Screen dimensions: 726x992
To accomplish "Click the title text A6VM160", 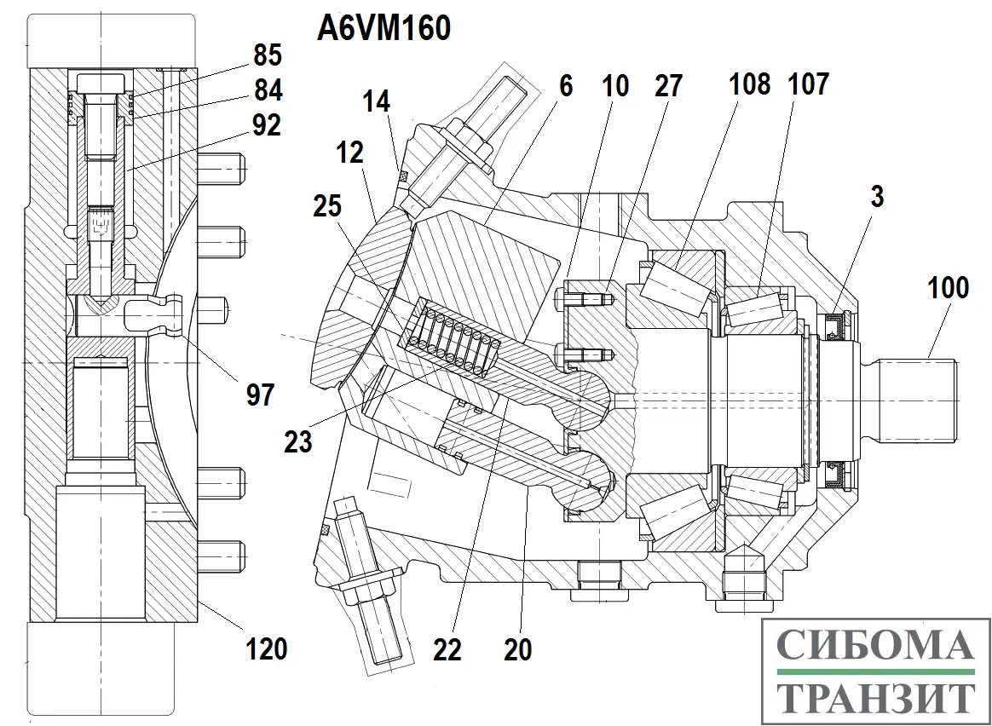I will click(x=384, y=28).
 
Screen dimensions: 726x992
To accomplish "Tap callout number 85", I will click(x=267, y=56).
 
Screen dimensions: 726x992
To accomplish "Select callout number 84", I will click(x=267, y=89).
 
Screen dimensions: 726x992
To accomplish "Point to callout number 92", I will click(x=267, y=125).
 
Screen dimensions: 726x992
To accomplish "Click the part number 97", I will click(x=261, y=394).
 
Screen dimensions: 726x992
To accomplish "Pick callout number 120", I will click(x=267, y=649).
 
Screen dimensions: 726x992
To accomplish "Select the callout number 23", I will click(x=298, y=441).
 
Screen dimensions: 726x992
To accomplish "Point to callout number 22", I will click(x=447, y=649).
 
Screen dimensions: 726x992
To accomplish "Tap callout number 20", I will click(x=517, y=649).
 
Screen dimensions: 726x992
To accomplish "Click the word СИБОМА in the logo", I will click(x=876, y=648).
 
